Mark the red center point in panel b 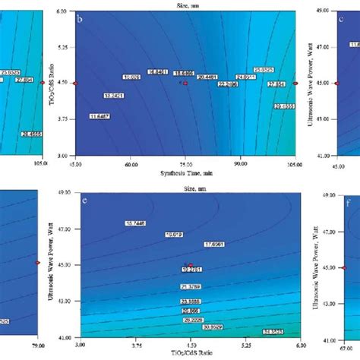coord(185,82)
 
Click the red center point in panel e coord(191,265)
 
